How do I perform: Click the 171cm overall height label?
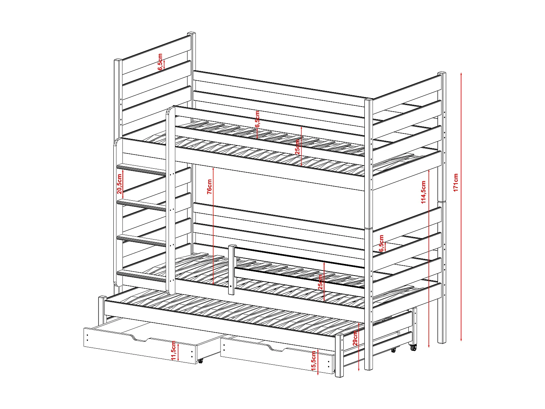456,183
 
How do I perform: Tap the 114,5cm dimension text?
423,192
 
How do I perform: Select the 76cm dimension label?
209,187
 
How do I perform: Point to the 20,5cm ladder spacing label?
119,184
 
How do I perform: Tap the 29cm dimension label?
355,338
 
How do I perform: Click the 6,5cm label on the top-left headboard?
160,62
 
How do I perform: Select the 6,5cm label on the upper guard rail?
257,119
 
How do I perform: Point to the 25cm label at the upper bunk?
298,147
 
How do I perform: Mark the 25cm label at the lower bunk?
320,281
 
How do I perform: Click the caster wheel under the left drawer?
200,361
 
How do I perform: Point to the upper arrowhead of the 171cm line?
461,74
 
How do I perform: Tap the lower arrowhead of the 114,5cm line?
429,346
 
